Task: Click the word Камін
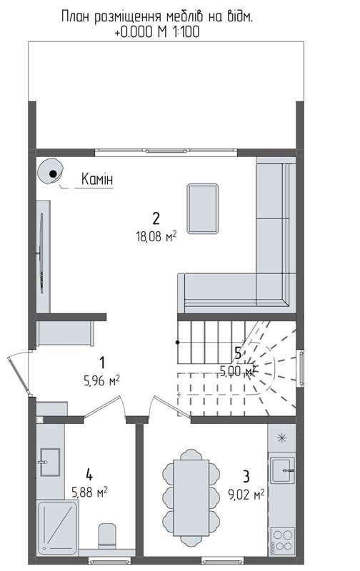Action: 97,179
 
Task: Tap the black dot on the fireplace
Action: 53,173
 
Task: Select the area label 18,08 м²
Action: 156,237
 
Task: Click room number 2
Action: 156,218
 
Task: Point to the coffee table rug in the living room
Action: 203,208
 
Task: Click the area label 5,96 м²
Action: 101,381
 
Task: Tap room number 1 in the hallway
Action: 102,363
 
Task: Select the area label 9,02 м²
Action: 246,495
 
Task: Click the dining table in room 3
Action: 191,497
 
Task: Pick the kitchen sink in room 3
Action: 282,470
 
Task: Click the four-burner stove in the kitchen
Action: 283,541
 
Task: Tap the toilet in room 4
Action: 107,536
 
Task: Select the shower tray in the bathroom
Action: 58,527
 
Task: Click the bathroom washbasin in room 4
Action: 49,462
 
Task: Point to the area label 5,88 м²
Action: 89,492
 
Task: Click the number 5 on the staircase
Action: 238,353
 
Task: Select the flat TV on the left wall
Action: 41,253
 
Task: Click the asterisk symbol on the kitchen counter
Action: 281,438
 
